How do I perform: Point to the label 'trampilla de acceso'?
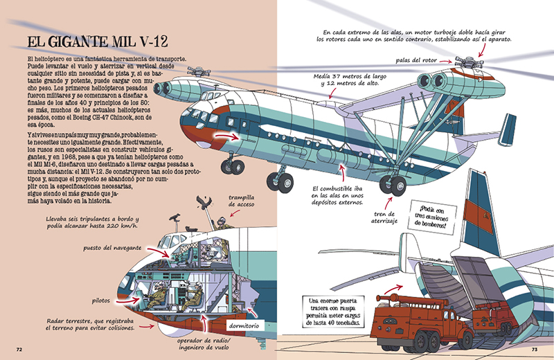pos(247,200)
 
